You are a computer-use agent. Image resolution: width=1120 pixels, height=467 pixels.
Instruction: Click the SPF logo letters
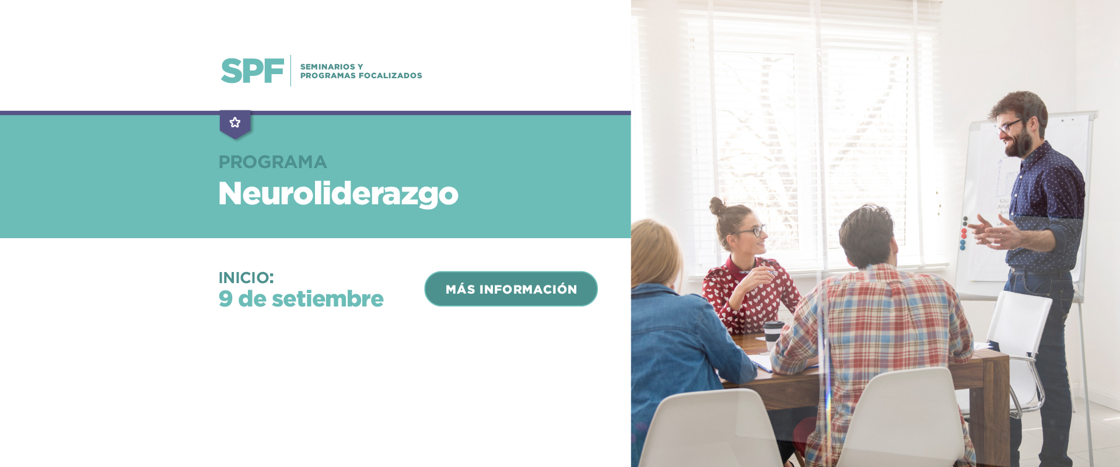point(252,71)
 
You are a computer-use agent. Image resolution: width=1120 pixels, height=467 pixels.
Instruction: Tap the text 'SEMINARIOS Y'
point(331,67)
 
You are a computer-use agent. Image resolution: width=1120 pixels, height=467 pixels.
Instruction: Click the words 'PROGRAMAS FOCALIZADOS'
point(361,76)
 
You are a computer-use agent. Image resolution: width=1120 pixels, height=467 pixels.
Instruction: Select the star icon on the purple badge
point(235,123)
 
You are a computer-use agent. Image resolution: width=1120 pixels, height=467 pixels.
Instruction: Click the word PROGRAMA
point(272,162)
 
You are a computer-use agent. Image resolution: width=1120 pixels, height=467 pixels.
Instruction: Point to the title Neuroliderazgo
point(338,194)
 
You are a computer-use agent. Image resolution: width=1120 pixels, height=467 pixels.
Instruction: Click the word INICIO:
point(246,278)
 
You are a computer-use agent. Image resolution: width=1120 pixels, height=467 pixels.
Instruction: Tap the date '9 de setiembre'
point(301,299)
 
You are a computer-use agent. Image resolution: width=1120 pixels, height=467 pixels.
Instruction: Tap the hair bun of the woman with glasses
point(716,205)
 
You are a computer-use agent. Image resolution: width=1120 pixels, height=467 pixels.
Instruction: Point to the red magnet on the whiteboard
point(964,233)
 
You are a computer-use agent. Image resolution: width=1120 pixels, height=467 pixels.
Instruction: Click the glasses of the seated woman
point(752,231)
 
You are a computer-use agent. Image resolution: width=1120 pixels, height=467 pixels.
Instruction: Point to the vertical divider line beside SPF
point(290,71)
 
